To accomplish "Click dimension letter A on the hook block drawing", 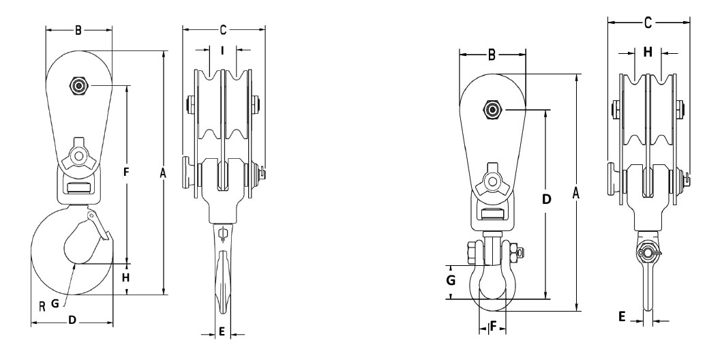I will pyautogui.click(x=162, y=174).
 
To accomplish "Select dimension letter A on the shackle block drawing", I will pyautogui.click(x=576, y=194).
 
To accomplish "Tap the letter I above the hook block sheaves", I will pyautogui.click(x=223, y=49).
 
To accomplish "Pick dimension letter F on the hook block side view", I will pyautogui.click(x=126, y=173).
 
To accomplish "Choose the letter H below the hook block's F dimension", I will pyautogui.click(x=126, y=278).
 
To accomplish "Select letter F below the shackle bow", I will pyautogui.click(x=492, y=327).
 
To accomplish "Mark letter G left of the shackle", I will pyautogui.click(x=451, y=280).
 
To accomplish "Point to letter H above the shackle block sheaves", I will pyautogui.click(x=647, y=51).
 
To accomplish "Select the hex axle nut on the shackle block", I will pyautogui.click(x=492, y=109).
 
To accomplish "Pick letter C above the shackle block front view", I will pyautogui.click(x=646, y=22).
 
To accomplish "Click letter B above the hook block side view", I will pyautogui.click(x=78, y=29).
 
